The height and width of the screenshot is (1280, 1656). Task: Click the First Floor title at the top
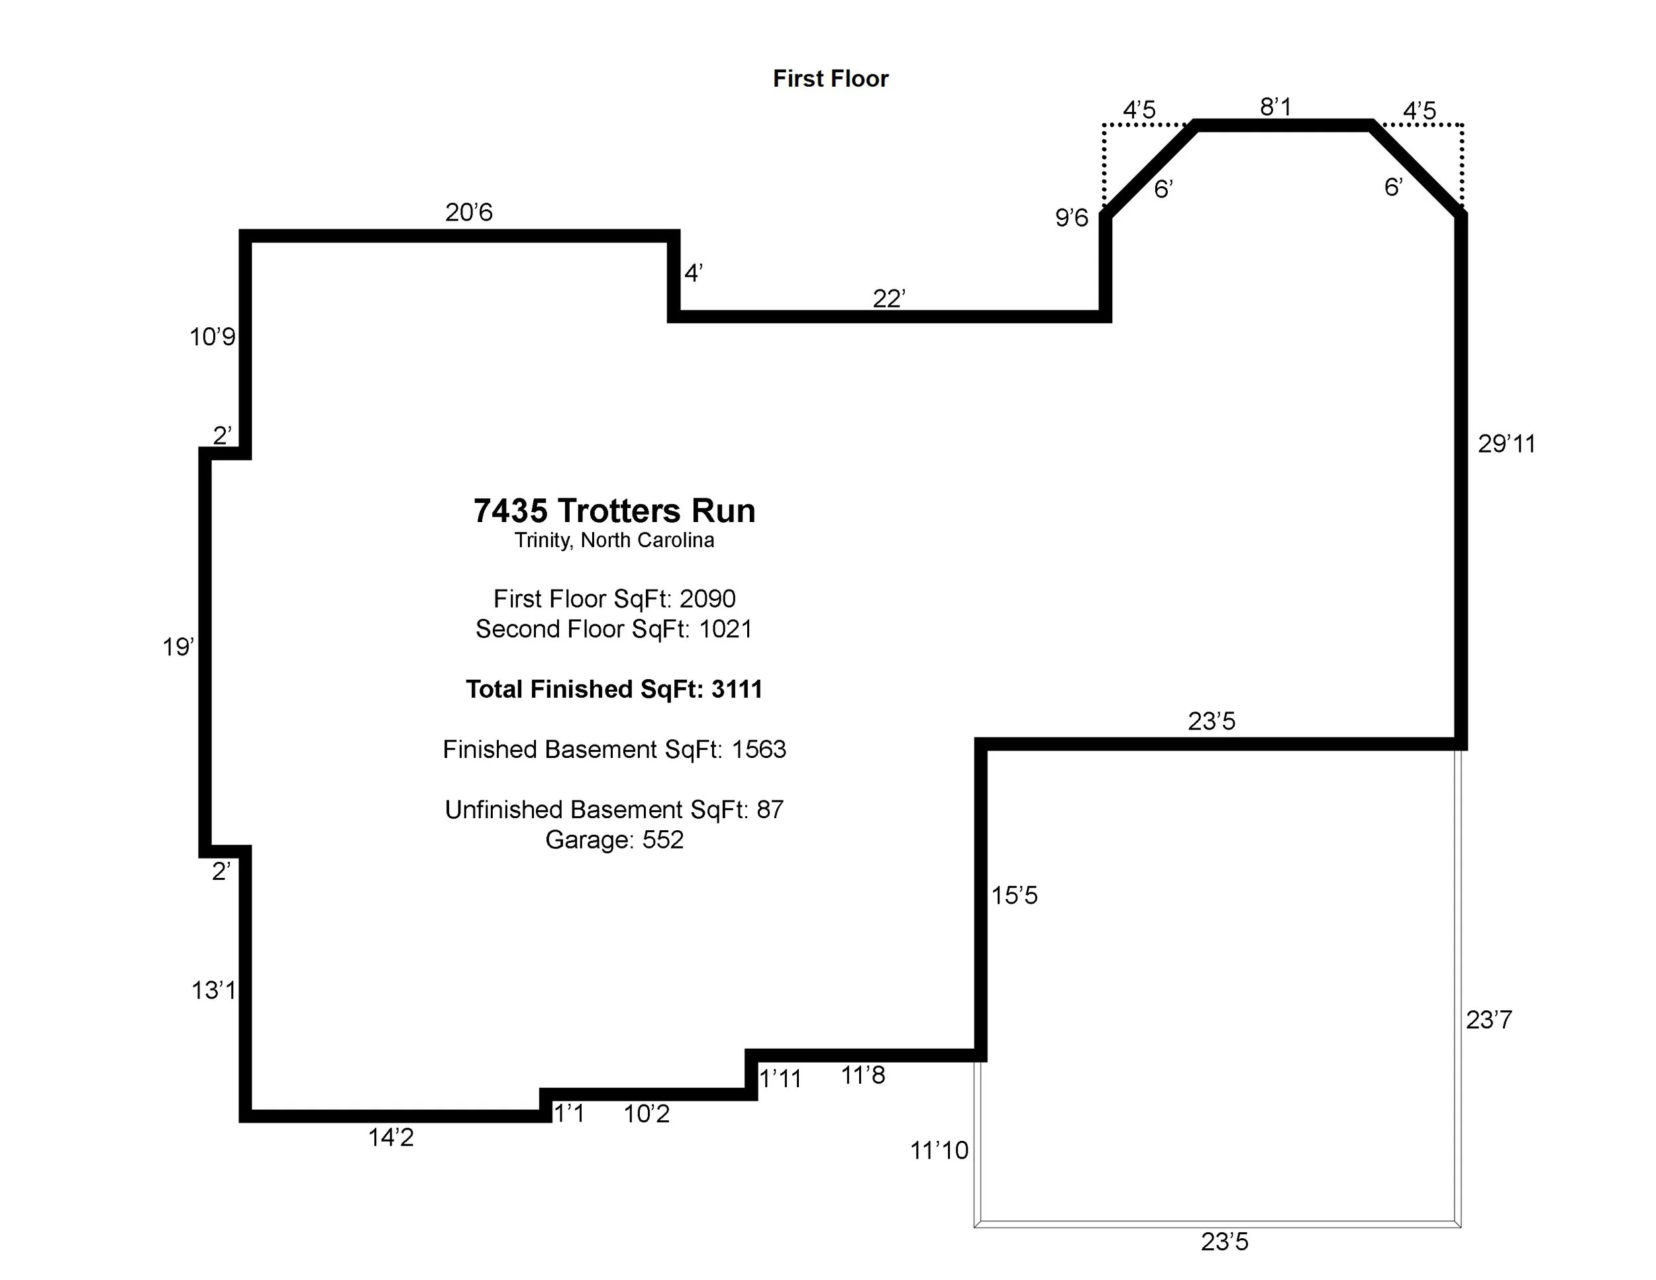click(x=830, y=79)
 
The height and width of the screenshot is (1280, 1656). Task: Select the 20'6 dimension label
click(x=468, y=212)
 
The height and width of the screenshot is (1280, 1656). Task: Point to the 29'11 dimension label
click(x=1506, y=444)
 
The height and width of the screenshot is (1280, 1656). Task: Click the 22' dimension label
click(x=889, y=299)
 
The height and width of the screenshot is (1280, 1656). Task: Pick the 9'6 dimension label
click(x=1071, y=219)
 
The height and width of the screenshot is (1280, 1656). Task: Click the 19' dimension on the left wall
click(x=178, y=647)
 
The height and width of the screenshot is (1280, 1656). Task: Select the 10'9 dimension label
click(x=213, y=337)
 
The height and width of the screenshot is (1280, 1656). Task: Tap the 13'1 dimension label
click(x=213, y=990)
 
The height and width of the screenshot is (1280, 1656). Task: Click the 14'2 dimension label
click(x=391, y=1138)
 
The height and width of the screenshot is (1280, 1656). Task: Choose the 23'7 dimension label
click(x=1488, y=1020)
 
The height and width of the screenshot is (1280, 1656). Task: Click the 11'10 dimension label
click(x=939, y=1150)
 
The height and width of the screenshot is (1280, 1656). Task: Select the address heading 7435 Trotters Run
click(x=614, y=511)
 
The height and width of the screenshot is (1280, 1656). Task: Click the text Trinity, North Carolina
click(x=614, y=540)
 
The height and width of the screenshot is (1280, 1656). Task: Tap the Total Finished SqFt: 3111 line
click(x=614, y=689)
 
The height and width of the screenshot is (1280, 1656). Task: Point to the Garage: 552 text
click(x=614, y=839)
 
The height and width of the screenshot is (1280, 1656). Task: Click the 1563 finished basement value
click(x=758, y=749)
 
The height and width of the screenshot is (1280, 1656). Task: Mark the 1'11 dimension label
click(x=780, y=1079)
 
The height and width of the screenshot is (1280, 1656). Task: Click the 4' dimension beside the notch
click(x=693, y=273)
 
